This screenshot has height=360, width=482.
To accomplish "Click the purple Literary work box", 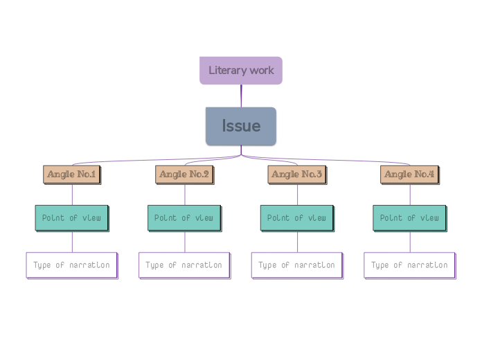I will pos(240,71).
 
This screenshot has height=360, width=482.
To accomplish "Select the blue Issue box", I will pos(241,126).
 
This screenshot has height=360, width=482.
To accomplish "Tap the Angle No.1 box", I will pos(72,174).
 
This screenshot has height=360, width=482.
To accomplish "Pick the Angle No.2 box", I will pos(184,174).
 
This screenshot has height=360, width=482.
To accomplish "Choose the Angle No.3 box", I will pos(297,174).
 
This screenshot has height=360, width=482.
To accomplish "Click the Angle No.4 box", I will pos(409,174).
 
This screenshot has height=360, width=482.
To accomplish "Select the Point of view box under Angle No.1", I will pos(71,218).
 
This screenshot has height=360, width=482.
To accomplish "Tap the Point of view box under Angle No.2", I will pos(184,218).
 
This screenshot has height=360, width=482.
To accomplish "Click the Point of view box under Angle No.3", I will pos(296,218).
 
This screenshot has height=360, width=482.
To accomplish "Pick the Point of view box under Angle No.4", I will pos(409,218).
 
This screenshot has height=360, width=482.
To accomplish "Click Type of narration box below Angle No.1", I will pos(71,265).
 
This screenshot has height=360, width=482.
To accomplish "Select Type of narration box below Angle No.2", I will pos(184,265).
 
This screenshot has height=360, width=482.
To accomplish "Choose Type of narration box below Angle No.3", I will pos(296,265).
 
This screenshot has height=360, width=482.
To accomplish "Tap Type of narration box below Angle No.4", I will pos(409,265).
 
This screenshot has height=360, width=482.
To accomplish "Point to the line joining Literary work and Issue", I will pos(241,96).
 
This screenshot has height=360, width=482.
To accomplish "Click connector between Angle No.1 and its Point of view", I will pos(72,195).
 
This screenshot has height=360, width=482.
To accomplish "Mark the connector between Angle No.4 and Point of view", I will pos(410,195).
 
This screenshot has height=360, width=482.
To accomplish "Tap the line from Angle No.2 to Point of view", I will pos(185,195).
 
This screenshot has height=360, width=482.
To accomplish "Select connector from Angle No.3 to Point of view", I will pos(297,195).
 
